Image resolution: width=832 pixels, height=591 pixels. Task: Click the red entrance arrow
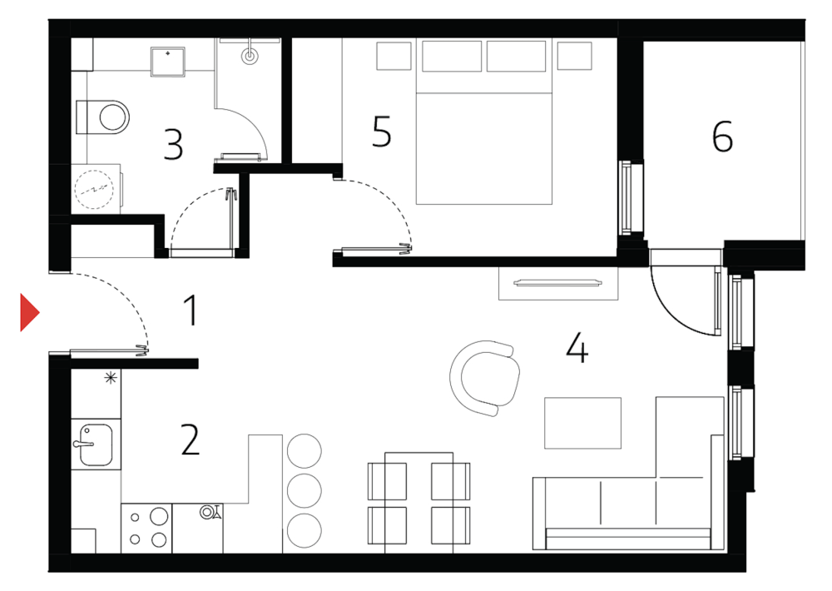point(29,312)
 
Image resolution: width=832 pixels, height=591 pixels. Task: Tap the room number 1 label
point(191,311)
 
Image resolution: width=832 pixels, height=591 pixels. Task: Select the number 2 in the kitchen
point(191,440)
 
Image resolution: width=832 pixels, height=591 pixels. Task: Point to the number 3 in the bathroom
point(173,143)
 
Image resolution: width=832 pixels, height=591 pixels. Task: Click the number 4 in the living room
point(577,347)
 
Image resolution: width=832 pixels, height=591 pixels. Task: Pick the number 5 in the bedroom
point(381,132)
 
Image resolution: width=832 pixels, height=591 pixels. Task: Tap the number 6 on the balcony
point(722,137)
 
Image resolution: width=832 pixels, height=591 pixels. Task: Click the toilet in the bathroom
point(104,117)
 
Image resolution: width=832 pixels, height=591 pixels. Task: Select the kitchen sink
point(93,444)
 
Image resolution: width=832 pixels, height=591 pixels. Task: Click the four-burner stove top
point(146,528)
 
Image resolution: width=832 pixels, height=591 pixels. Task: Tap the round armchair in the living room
point(485,377)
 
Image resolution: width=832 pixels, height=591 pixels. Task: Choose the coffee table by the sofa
point(582,423)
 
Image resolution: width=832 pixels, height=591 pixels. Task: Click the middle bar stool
point(304,490)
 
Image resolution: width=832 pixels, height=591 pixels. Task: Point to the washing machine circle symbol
point(92,189)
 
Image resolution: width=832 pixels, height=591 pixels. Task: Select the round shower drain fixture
point(250,56)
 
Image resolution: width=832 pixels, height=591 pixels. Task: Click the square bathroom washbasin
point(169,60)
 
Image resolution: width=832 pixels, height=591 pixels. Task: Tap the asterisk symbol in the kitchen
point(110,379)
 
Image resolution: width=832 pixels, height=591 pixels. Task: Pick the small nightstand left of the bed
point(394,57)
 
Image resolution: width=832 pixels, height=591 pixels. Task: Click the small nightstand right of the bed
point(574,57)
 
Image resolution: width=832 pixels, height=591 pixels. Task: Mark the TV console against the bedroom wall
point(559,283)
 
